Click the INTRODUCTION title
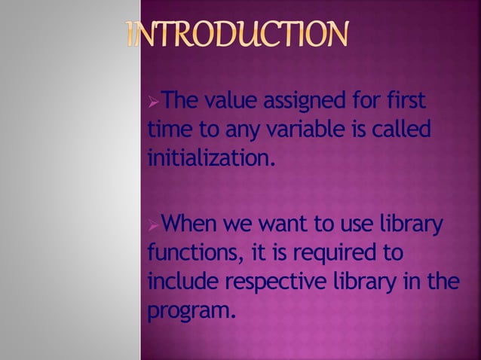coord(238,35)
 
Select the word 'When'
coord(190,224)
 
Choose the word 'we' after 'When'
coord(240,224)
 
